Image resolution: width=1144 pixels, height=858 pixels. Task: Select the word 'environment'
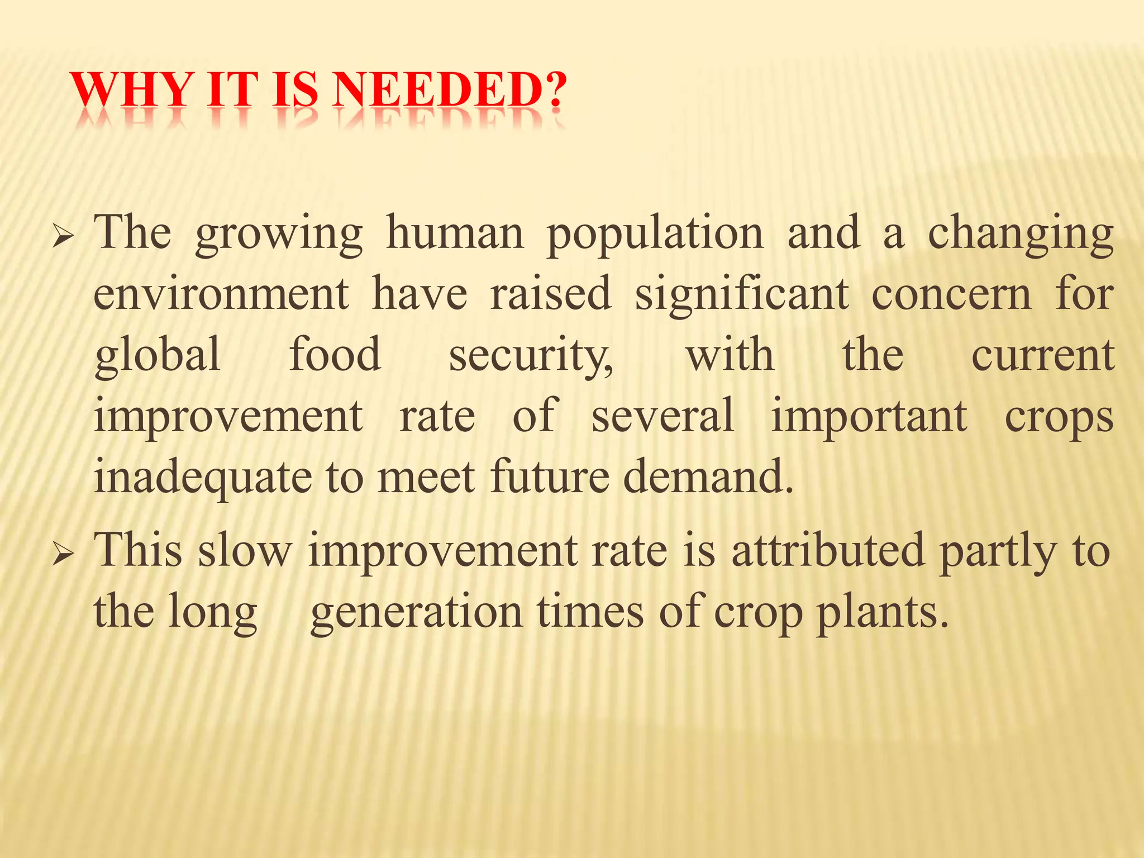click(x=221, y=294)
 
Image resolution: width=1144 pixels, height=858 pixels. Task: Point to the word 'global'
click(x=158, y=356)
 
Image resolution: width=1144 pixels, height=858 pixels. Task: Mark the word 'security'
click(x=530, y=356)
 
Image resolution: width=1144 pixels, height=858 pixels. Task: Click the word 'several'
click(x=662, y=416)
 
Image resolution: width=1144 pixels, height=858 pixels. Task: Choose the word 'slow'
click(x=245, y=551)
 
